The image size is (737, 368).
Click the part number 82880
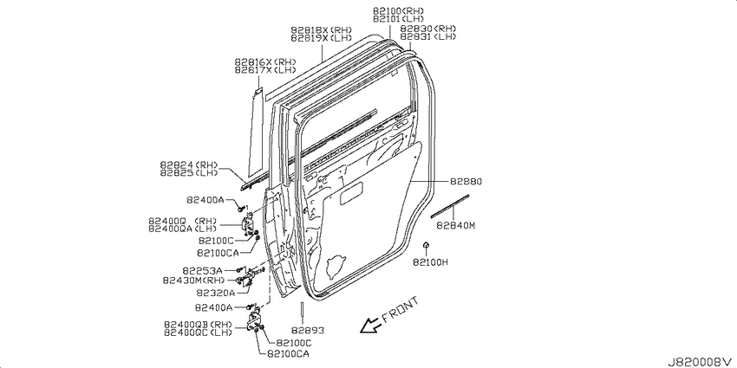tap(466, 181)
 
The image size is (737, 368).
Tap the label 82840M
tap(455, 226)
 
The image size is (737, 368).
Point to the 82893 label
tap(308, 331)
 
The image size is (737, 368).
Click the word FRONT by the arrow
tap(400, 310)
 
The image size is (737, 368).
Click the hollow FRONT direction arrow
tap(370, 325)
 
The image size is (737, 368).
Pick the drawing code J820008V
tap(701, 361)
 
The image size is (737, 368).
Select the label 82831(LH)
tap(427, 36)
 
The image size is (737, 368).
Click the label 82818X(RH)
tap(321, 30)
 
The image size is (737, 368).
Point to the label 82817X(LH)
tap(265, 70)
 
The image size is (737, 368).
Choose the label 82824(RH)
tap(188, 165)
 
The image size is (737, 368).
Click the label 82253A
tap(202, 270)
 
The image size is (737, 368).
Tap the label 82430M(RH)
tap(192, 281)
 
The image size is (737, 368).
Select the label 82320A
tap(215, 292)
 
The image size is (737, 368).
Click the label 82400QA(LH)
tap(182, 229)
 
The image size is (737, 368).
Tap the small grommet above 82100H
tap(425, 244)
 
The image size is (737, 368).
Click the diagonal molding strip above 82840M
tap(450, 207)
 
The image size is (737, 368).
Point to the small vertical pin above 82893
tap(301, 312)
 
